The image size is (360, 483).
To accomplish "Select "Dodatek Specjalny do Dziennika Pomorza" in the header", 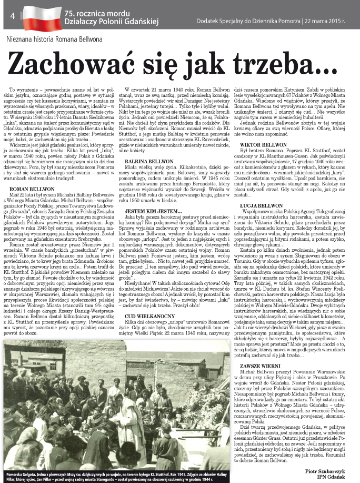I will click(x=249, y=22).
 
